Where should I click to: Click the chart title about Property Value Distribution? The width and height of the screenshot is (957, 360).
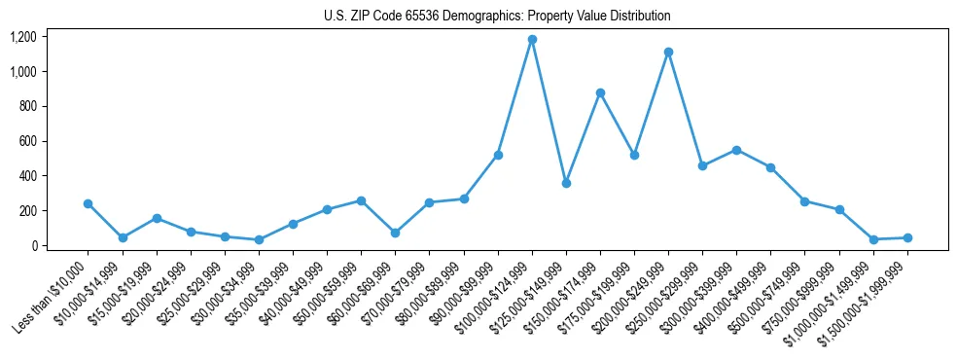(x=497, y=17)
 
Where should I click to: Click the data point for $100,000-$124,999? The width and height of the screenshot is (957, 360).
(x=532, y=40)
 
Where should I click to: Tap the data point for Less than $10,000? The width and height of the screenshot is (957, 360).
(x=89, y=203)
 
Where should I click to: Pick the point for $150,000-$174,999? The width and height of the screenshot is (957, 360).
(x=600, y=93)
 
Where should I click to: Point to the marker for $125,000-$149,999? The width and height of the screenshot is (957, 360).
(x=566, y=183)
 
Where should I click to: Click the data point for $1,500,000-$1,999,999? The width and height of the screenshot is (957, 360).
(x=907, y=237)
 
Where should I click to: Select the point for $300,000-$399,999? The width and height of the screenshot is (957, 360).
(x=736, y=150)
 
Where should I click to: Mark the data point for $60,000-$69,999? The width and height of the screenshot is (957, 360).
(x=395, y=233)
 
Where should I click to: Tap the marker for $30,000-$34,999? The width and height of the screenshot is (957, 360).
(x=259, y=239)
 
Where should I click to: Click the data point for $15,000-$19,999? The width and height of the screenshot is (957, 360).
(x=157, y=219)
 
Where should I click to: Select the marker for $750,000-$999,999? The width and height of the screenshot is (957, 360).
(x=839, y=210)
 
